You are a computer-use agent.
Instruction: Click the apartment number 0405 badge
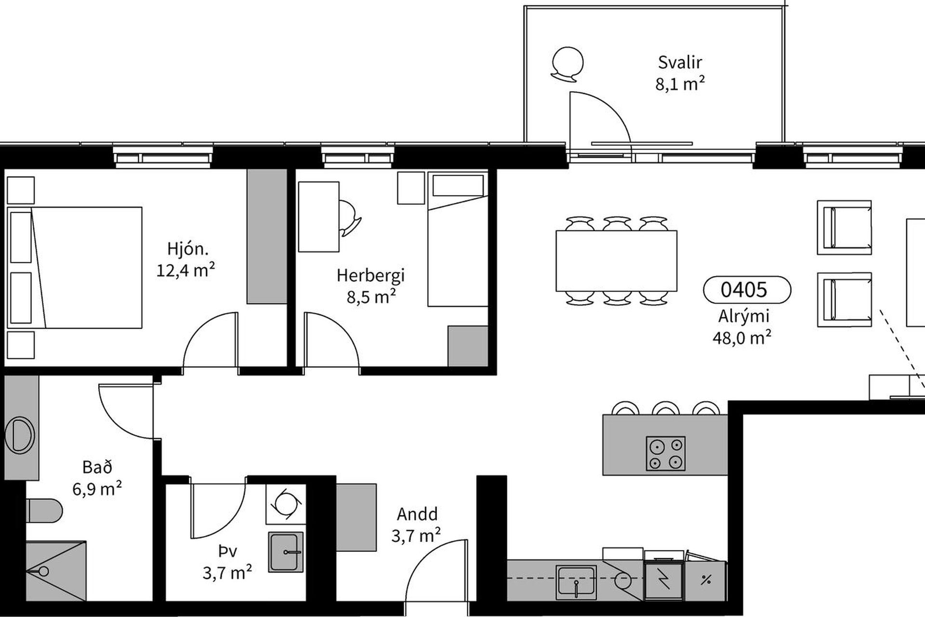[747, 289]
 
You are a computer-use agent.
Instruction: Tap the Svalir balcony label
[680, 62]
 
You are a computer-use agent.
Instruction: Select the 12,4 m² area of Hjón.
[185, 270]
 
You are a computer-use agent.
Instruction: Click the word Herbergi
[370, 275]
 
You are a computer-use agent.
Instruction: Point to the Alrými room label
[744, 316]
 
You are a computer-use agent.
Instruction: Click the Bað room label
[97, 467]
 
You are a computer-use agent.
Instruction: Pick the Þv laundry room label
[227, 551]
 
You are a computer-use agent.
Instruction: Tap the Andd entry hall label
[417, 514]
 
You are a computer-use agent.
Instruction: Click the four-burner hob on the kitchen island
[665, 454]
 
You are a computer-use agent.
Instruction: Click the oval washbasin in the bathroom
[19, 435]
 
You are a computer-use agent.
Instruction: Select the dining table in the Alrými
[616, 261]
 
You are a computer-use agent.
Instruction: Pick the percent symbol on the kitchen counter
[706, 580]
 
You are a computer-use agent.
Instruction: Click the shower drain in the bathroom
[43, 572]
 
